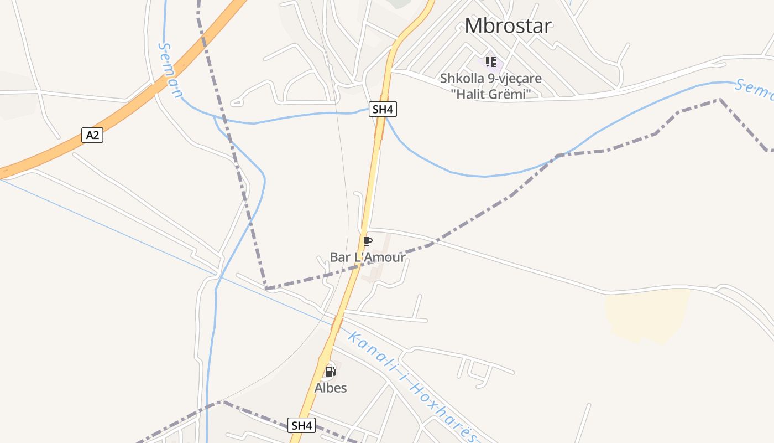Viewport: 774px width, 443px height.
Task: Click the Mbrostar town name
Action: pyautogui.click(x=508, y=25)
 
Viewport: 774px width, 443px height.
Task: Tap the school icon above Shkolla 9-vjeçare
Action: pyautogui.click(x=490, y=61)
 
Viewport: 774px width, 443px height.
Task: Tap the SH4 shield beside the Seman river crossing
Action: pyautogui.click(x=383, y=109)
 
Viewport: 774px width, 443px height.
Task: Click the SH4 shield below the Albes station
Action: pyautogui.click(x=302, y=425)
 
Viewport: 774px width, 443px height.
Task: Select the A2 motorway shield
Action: pyautogui.click(x=92, y=135)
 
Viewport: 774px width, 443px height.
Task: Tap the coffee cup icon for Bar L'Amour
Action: pyautogui.click(x=368, y=241)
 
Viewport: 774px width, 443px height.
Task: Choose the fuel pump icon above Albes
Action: pyautogui.click(x=330, y=371)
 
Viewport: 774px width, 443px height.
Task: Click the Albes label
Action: pyautogui.click(x=331, y=388)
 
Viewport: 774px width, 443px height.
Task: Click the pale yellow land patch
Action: pyautogui.click(x=647, y=313)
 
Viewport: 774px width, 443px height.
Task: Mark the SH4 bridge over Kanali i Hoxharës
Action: pyautogui.click(x=337, y=324)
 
